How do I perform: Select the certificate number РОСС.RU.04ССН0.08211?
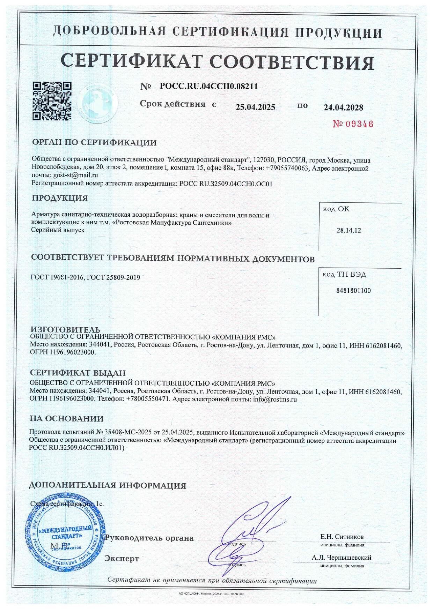pyautogui.click(x=208, y=86)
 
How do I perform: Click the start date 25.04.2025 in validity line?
pyautogui.click(x=255, y=107)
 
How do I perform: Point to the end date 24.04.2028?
pyautogui.click(x=343, y=107)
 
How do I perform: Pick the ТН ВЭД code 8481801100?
pyautogui.click(x=353, y=290)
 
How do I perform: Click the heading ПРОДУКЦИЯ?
pyautogui.click(x=60, y=198)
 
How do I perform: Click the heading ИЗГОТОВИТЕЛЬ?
pyautogui.click(x=65, y=330)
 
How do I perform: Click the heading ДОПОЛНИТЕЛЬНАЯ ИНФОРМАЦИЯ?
pyautogui.click(x=108, y=485)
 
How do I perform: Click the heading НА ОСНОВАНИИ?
pyautogui.click(x=66, y=418)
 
